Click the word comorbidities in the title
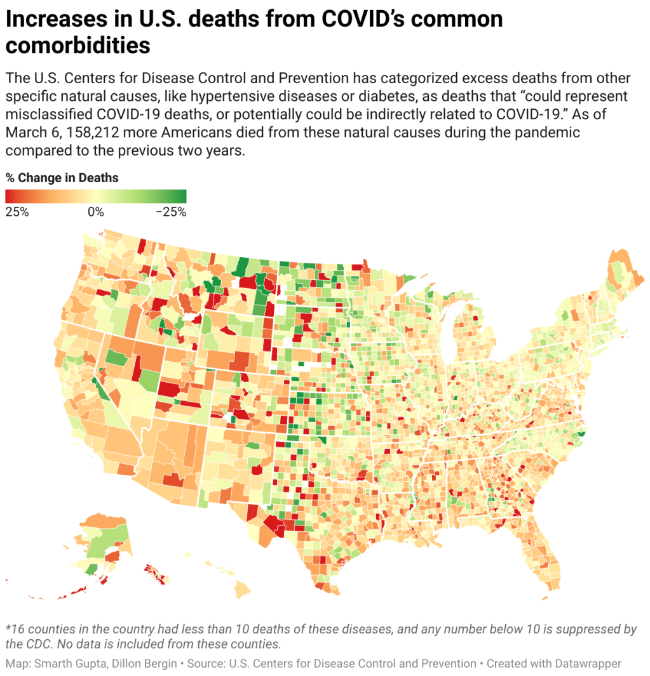(78, 46)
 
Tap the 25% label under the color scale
(17, 212)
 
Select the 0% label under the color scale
(95, 212)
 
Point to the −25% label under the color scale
(171, 212)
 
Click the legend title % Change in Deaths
(62, 178)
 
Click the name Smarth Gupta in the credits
(72, 663)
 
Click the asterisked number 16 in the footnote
(15, 629)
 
